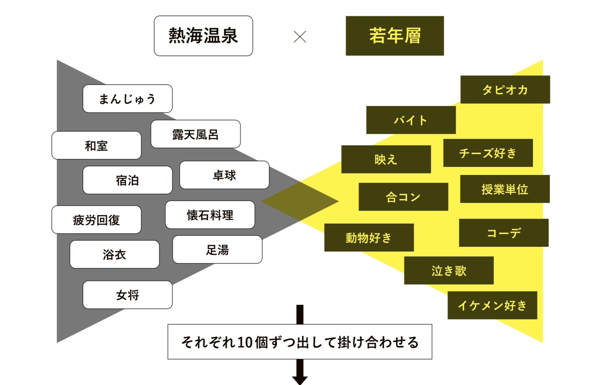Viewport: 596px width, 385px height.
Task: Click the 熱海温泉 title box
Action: [203, 36]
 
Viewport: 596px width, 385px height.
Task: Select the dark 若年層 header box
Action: [395, 36]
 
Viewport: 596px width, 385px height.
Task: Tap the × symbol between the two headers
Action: [300, 36]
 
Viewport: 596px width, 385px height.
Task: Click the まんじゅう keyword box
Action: [128, 98]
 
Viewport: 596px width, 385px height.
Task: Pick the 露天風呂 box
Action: [196, 134]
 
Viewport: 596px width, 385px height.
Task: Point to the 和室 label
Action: [96, 145]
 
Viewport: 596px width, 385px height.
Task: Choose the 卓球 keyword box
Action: [224, 175]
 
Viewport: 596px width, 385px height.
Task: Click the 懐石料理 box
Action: [210, 215]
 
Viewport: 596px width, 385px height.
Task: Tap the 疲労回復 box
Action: [96, 219]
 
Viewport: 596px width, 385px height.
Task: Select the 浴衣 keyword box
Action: [114, 254]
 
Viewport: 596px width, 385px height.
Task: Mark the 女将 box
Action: [128, 295]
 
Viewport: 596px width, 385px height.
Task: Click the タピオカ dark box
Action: [505, 90]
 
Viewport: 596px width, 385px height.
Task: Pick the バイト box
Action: [411, 120]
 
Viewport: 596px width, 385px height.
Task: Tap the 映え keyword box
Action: [386, 159]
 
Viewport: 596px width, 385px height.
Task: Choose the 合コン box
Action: [403, 197]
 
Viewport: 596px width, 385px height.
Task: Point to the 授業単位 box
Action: [505, 189]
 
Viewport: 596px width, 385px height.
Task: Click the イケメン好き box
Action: [492, 305]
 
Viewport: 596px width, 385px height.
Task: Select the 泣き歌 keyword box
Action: [449, 270]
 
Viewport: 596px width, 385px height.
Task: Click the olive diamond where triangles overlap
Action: [300, 201]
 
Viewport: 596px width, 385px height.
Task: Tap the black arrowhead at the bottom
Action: [300, 380]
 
